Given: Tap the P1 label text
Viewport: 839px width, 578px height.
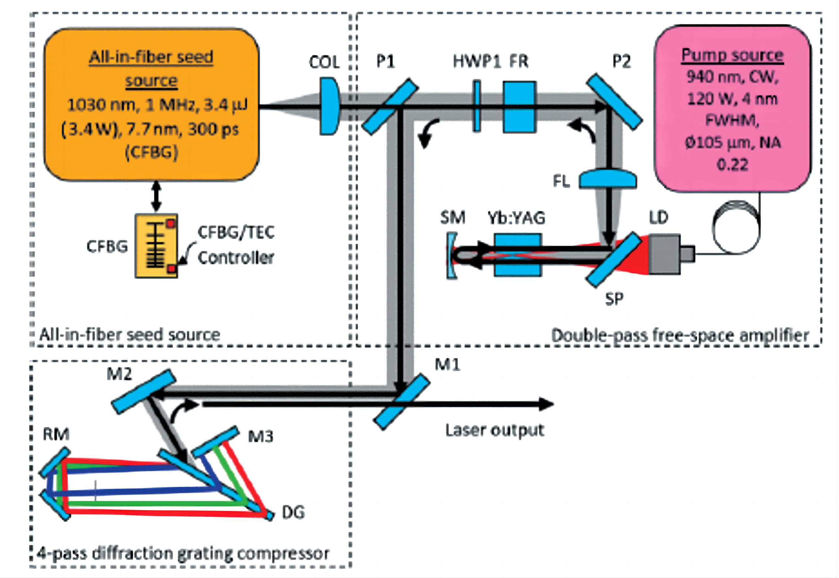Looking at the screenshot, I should (385, 61).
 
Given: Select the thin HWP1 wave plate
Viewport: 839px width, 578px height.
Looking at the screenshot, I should (476, 106).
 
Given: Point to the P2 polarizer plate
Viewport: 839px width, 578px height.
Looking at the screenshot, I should (614, 102).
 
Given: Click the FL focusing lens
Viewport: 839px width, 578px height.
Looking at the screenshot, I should (607, 179).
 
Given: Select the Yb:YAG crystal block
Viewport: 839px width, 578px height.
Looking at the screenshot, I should (518, 255).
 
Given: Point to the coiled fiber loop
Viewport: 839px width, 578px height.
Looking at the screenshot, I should (736, 227).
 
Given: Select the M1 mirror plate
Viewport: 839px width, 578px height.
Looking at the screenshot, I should (402, 402).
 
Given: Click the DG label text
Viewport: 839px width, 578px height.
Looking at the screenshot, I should (293, 512).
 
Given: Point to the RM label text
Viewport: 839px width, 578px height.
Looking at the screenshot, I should (56, 434).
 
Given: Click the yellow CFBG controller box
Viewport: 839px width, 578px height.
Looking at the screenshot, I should (156, 246).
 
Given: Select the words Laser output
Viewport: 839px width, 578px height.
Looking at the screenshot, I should (494, 430).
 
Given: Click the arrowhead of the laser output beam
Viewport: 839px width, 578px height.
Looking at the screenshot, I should (546, 404).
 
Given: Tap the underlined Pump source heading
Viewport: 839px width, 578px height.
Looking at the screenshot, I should (732, 55).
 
